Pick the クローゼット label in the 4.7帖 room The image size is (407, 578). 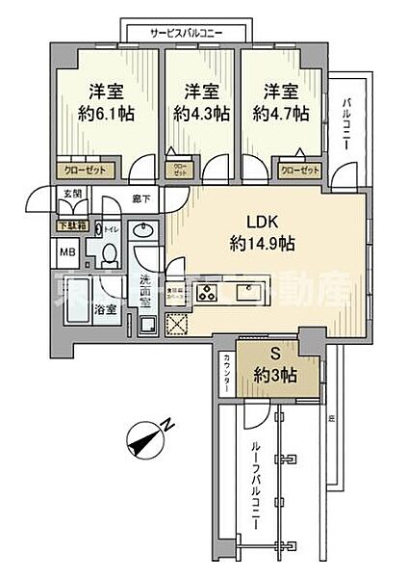point(299,171)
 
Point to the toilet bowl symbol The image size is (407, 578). point(108,254)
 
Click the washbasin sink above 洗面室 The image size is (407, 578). point(144,231)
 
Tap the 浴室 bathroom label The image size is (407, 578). point(106,310)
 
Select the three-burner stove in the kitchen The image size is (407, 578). point(208,295)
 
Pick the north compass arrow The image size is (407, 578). point(147,441)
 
